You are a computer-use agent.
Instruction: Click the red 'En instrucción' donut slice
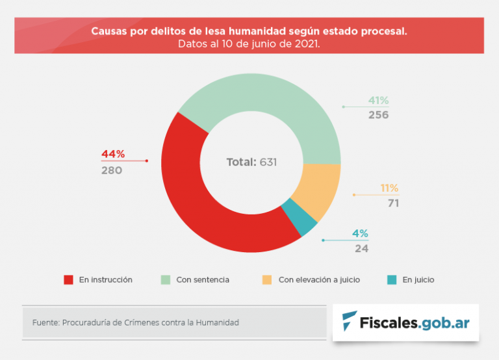[195, 208]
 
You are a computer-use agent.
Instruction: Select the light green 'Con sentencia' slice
[273, 104]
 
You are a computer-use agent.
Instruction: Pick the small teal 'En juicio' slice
[300, 218]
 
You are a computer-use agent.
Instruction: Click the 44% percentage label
[113, 154]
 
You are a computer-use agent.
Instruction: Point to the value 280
[112, 170]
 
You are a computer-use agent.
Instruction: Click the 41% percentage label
[378, 100]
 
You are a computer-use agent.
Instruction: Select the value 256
[378, 115]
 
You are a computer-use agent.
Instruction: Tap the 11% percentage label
[389, 188]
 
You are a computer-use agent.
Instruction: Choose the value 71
[392, 203]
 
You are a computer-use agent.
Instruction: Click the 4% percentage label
[361, 233]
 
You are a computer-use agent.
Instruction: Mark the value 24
[362, 248]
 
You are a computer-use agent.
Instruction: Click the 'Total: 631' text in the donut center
[251, 162]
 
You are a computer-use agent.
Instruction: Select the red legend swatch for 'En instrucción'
[68, 280]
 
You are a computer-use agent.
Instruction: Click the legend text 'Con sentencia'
[203, 280]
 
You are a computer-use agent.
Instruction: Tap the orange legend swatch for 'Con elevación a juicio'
[267, 280]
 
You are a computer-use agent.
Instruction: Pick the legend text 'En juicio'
[418, 280]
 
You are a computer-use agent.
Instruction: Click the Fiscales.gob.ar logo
[405, 322]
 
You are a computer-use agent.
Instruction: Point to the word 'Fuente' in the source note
[45, 322]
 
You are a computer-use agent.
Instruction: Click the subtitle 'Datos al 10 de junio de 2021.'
[249, 44]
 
